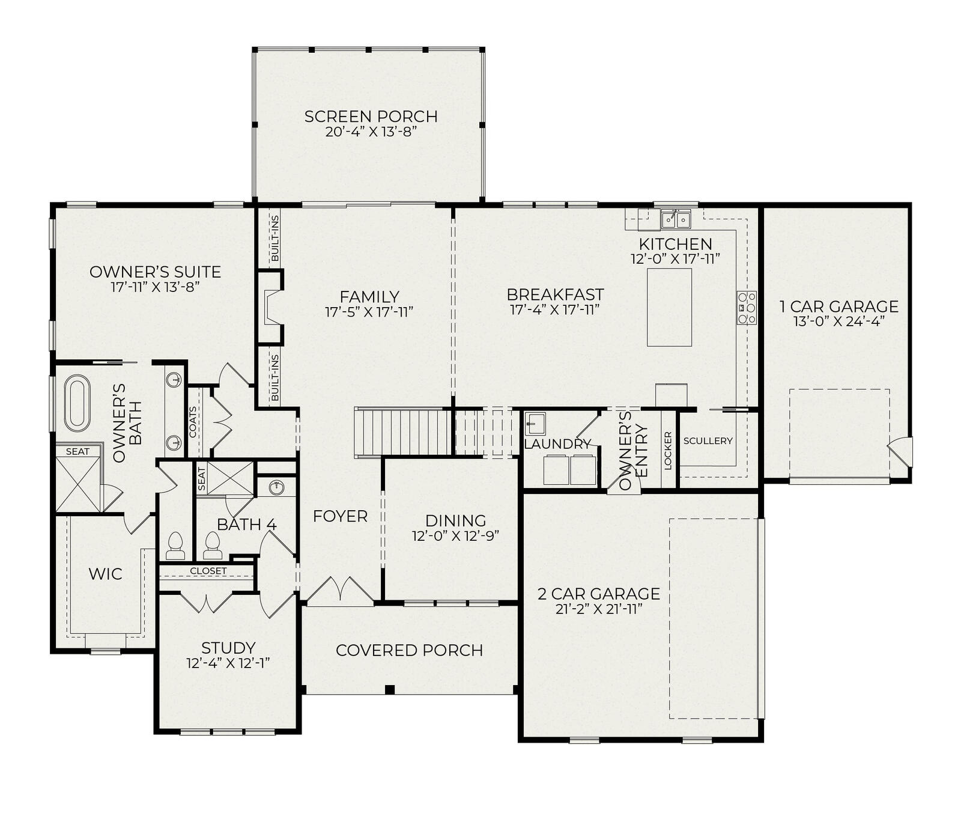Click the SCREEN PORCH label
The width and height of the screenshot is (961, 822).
pos(371,116)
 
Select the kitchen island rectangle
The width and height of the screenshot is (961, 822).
pos(669,307)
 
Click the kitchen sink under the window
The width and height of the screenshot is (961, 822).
pos(676,219)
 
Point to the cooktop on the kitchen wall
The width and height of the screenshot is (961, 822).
pos(747,308)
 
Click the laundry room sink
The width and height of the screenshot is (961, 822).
pos(535,423)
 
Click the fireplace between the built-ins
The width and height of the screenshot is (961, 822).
pos(270,307)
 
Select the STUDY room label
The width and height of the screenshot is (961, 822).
pos(228,648)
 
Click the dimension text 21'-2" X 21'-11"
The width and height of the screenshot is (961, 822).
pos(598,609)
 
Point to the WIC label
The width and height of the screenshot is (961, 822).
pos(105,574)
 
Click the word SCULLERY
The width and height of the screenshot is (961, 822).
pos(708,440)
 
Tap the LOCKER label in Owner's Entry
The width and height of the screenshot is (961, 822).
pos(668,450)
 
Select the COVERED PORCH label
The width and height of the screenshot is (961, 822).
pos(409,650)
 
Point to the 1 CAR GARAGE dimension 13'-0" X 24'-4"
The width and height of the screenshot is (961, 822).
pos(839,321)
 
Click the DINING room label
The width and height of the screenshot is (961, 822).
pos(455,521)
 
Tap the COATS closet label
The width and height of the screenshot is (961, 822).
pos(193,422)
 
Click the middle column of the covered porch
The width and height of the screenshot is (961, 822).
pos(390,689)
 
